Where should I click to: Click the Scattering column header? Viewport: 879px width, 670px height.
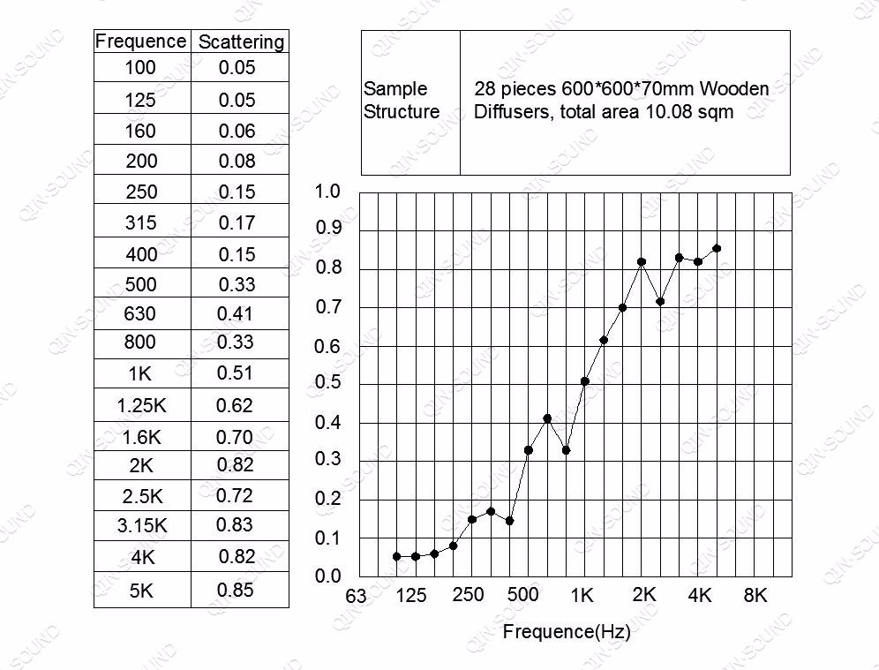[241, 41]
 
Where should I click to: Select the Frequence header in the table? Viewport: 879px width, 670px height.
[140, 41]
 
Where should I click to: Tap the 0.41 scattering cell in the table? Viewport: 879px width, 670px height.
[235, 313]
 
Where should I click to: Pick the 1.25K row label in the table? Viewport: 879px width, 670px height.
[141, 406]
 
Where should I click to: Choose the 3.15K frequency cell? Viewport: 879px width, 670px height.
[141, 526]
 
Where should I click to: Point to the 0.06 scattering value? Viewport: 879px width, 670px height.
[237, 131]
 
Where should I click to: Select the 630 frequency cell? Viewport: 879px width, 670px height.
[140, 313]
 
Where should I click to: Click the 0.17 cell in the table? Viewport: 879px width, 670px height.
[237, 222]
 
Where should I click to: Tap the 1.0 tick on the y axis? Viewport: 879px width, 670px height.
[327, 192]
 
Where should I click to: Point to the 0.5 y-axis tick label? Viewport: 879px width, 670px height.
[327, 384]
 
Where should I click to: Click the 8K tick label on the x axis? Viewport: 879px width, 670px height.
[755, 596]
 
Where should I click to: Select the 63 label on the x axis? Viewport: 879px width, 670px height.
[356, 596]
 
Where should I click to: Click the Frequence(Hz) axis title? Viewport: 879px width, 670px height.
[566, 631]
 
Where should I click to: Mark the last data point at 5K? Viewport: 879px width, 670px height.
[717, 249]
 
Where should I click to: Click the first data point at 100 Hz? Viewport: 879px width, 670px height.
[397, 557]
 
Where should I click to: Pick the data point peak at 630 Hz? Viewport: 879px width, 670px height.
[547, 418]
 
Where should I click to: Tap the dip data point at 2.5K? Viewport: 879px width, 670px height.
[660, 302]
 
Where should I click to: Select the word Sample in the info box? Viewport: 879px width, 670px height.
[395, 89]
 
